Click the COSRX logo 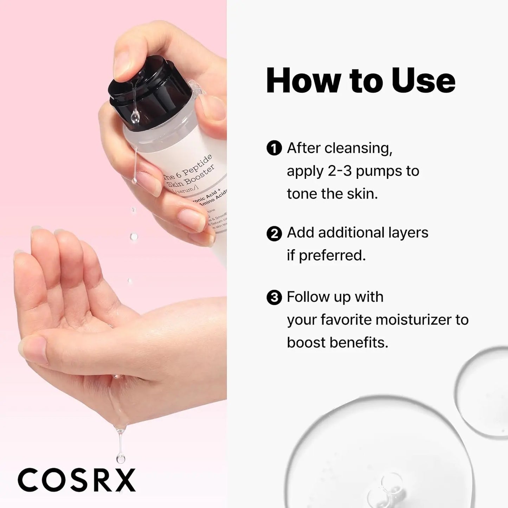click(x=77, y=480)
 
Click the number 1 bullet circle click(x=274, y=148)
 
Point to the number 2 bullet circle click(x=274, y=233)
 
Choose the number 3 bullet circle click(x=274, y=297)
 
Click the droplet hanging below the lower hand click(x=121, y=457)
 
